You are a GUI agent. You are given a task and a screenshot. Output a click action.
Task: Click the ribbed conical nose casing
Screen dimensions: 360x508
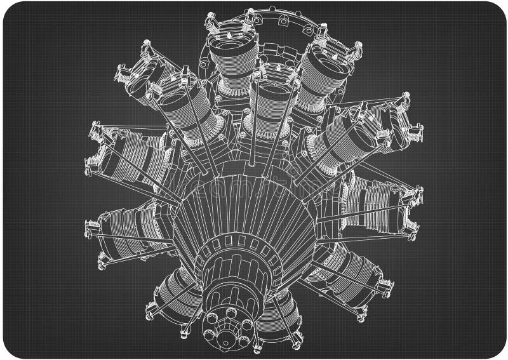pyautogui.click(x=248, y=210)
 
